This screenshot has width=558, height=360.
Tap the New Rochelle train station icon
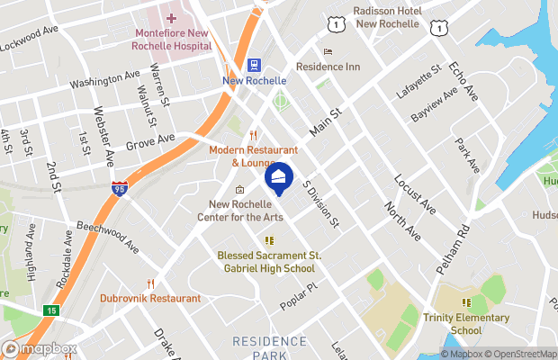pos(255,66)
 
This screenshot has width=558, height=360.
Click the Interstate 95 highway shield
pos(121,187)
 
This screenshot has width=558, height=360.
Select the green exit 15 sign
pos(50,310)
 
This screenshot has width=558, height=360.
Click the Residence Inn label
pos(327,67)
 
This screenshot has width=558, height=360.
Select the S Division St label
pos(320,202)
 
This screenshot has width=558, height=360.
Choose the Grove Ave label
pos(149,142)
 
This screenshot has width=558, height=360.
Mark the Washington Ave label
pos(104,81)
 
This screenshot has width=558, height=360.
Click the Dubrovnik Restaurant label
pos(150,298)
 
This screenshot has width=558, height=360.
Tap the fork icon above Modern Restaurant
pos(241,135)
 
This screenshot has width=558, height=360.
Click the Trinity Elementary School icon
pos(466,302)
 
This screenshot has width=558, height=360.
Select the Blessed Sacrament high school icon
pos(268,240)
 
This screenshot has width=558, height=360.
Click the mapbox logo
pos(40,348)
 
